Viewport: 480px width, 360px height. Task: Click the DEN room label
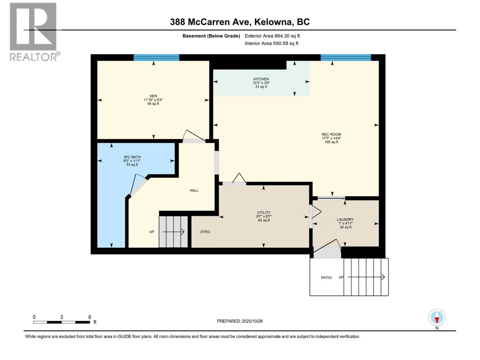(x=153, y=96)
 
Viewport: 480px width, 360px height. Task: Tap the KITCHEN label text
(x=261, y=79)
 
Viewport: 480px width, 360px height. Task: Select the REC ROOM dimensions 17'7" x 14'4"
(x=331, y=138)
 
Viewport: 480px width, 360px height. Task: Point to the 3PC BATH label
(x=132, y=157)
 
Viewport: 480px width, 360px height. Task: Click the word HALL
(x=194, y=190)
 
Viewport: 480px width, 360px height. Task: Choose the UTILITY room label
(x=264, y=212)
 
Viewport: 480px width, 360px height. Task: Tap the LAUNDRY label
(x=346, y=220)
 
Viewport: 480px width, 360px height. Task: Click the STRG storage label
(x=205, y=232)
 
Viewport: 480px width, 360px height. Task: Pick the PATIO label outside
(x=326, y=277)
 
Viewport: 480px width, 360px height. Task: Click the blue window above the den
(x=156, y=58)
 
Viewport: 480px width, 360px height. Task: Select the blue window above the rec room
(x=346, y=58)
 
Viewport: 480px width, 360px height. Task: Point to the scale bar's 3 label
(x=61, y=317)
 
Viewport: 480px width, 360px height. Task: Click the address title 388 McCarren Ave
(x=210, y=22)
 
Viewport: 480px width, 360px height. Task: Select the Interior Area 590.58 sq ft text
(x=271, y=43)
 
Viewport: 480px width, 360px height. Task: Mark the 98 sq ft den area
(x=153, y=103)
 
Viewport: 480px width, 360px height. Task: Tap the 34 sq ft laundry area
(x=346, y=227)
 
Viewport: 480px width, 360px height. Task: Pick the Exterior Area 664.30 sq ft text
(x=272, y=36)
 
